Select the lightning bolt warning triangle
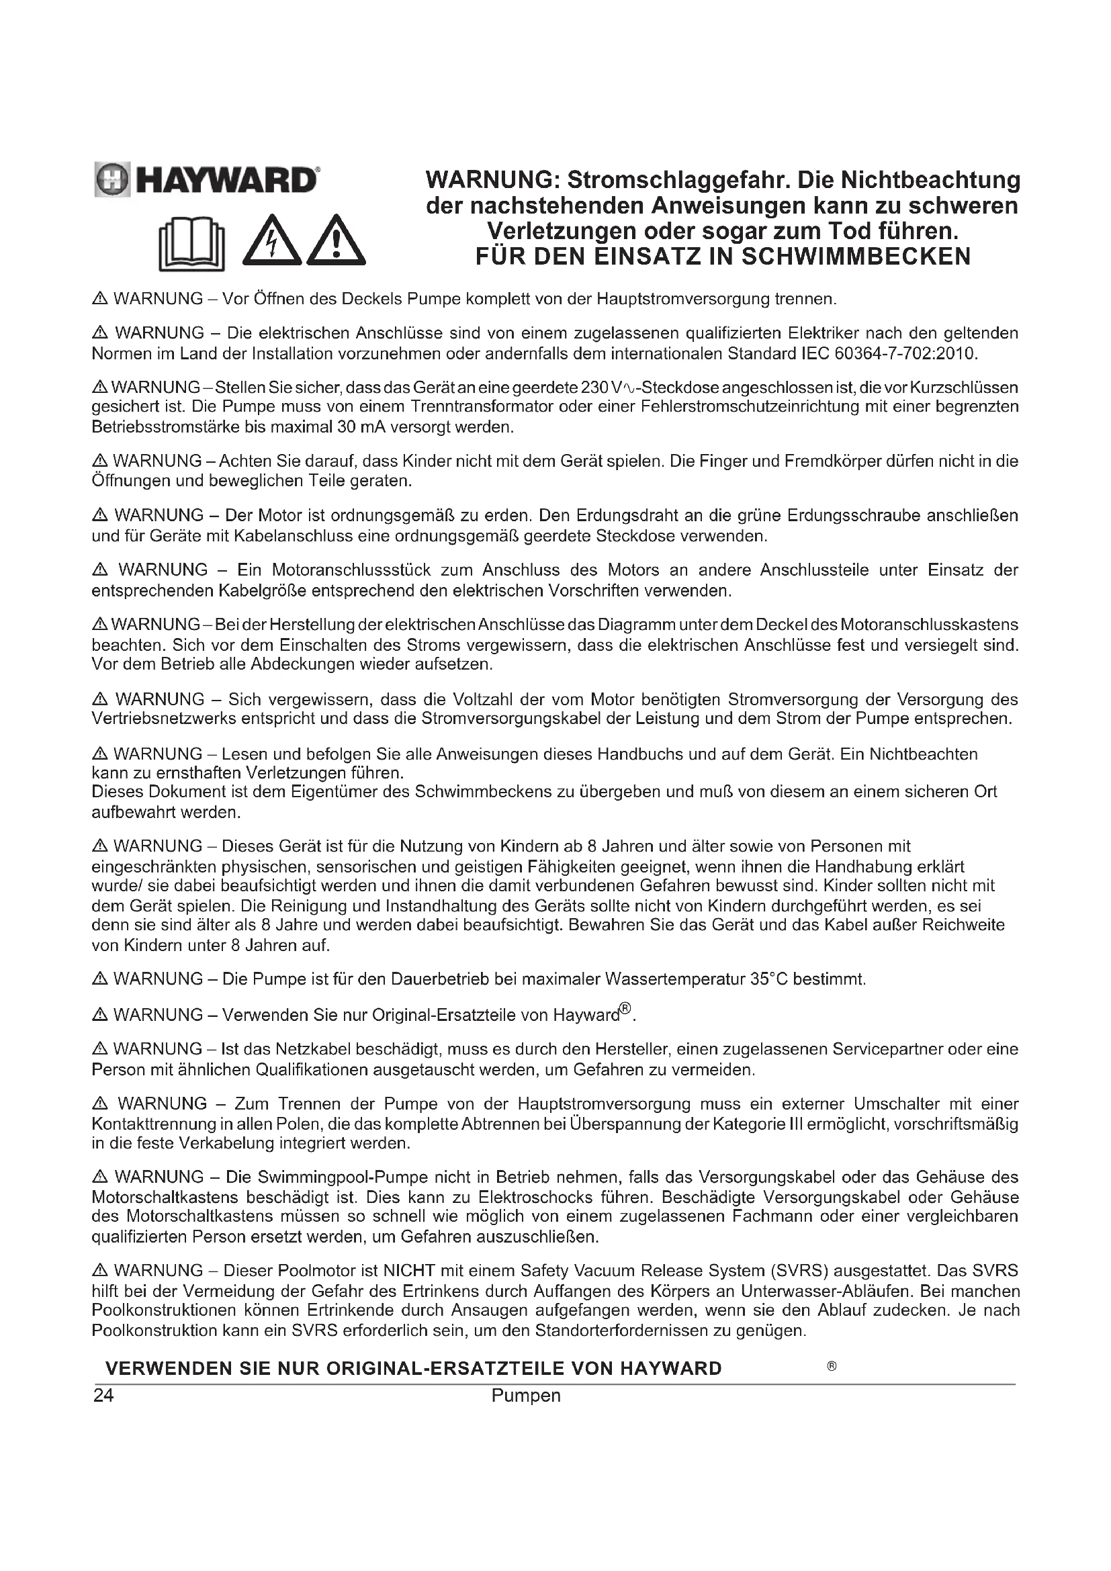(x=272, y=242)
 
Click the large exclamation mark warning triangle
(x=336, y=242)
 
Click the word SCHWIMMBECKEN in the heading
(x=856, y=257)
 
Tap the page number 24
(x=103, y=1396)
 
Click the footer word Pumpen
(x=525, y=1396)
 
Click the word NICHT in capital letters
(x=409, y=1271)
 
